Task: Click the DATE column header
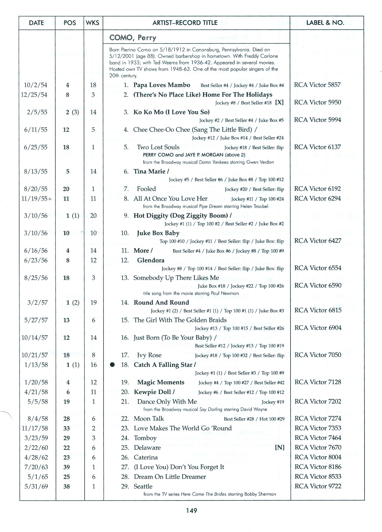pos(36,23)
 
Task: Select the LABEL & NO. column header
pos(325,23)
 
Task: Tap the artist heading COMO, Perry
pos(133,38)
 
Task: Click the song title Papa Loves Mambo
pos(162,85)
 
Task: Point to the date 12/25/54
pos(34,95)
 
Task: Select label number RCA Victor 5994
pos(317,120)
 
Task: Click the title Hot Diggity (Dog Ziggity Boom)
pos(181,216)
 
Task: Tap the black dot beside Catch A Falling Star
pos(113,365)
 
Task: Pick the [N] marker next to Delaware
pos(280,448)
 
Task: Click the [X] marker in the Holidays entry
pos(279,103)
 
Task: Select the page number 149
pos(191,510)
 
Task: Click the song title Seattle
pos(143,486)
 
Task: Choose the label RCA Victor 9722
pos(318,486)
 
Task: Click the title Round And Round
pos(161,303)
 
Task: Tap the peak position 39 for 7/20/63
pos(67,467)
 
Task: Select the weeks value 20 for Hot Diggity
pos(93,216)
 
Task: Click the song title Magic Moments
pos(161,382)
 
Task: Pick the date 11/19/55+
pos(36,199)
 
